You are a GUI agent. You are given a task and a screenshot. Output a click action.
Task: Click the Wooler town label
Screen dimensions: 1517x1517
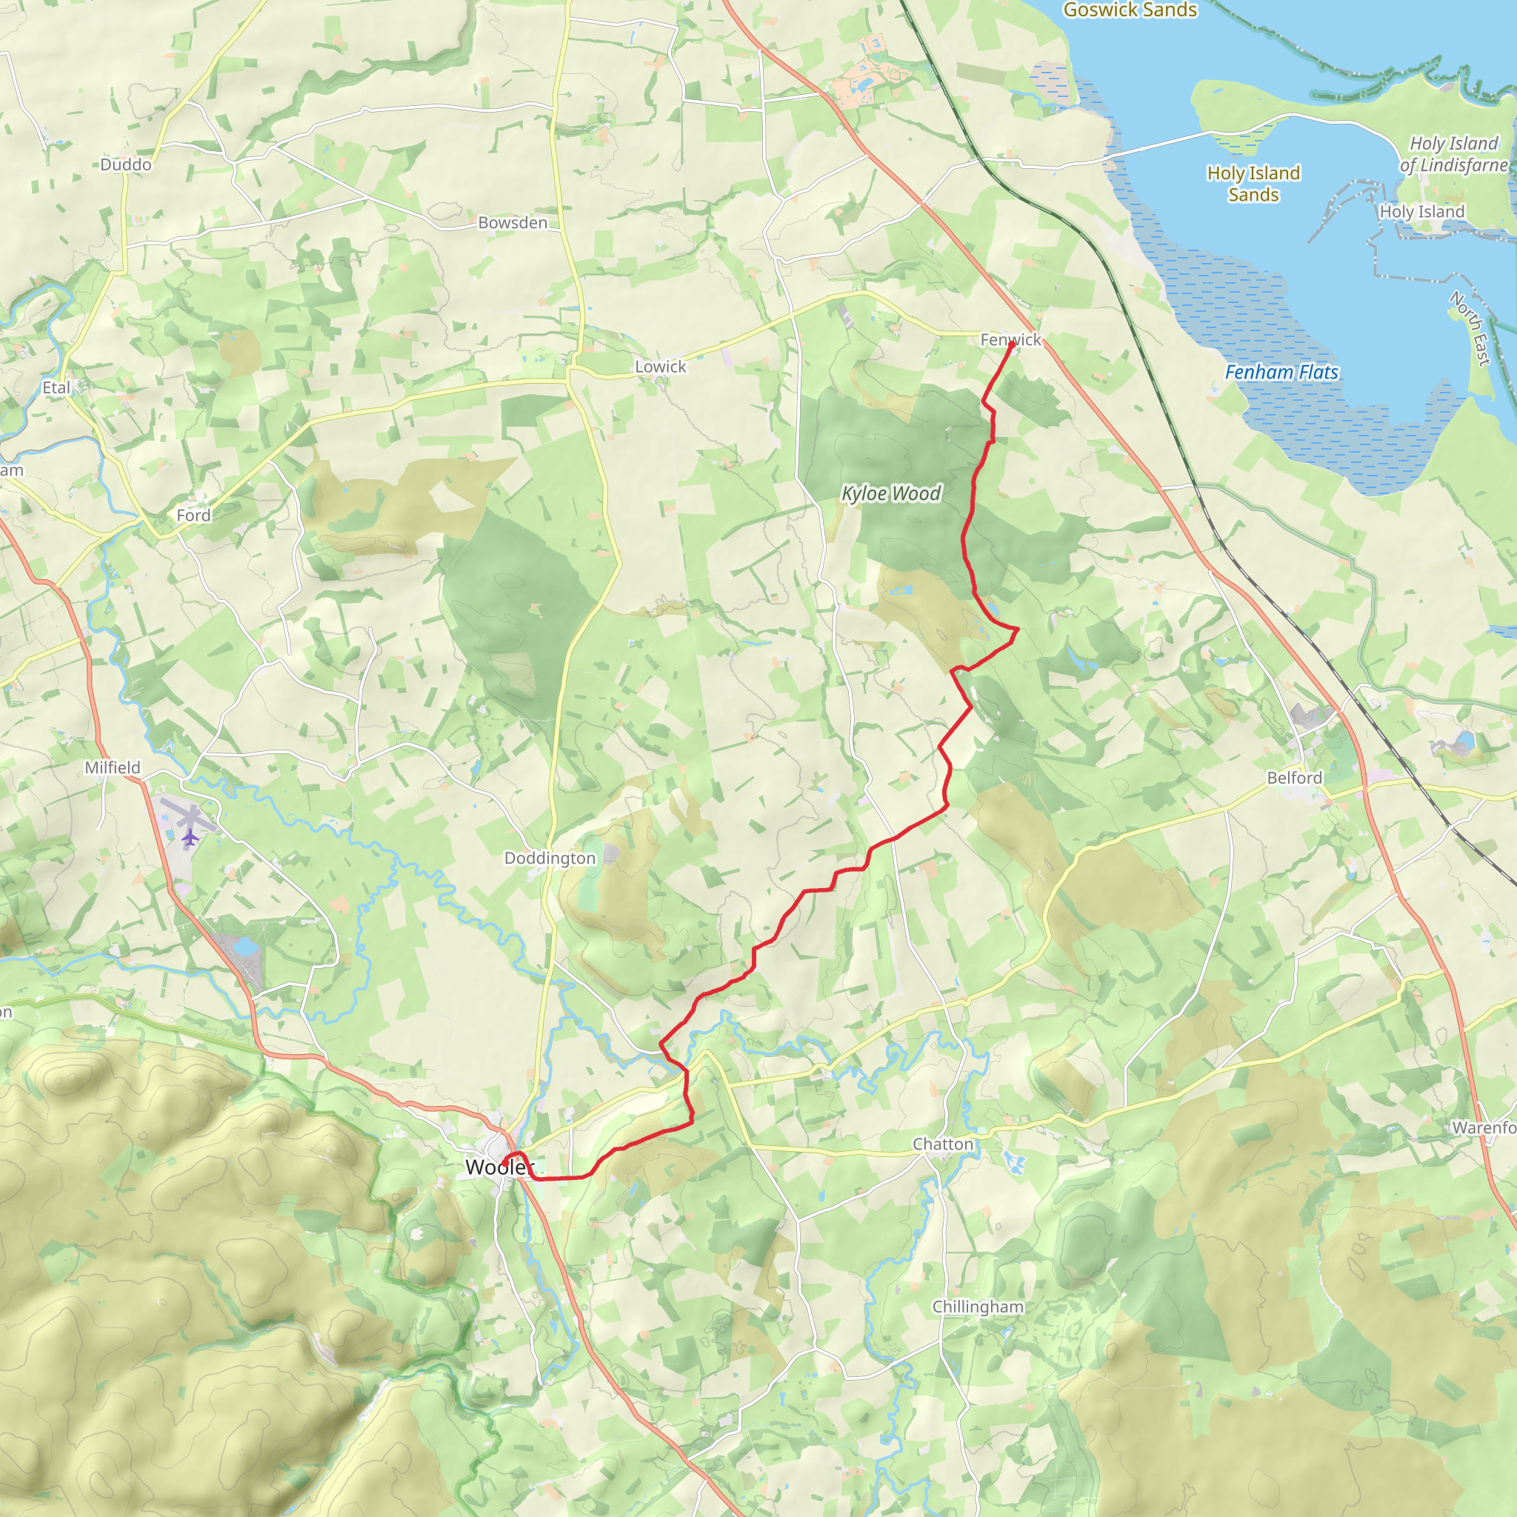(499, 1167)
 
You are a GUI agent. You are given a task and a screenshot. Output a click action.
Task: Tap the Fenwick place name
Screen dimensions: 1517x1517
(1010, 340)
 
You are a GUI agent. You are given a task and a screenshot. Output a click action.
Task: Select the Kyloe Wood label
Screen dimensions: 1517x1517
(890, 493)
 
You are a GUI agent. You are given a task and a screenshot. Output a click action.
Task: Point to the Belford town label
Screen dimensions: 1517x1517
(1294, 777)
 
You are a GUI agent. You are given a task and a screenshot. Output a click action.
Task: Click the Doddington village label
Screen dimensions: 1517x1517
(550, 858)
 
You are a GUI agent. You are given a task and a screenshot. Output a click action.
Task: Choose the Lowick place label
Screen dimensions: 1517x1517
(660, 367)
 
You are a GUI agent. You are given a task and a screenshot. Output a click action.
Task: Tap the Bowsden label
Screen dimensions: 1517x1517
(513, 223)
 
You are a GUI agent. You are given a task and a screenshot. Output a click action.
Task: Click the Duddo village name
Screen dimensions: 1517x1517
(126, 165)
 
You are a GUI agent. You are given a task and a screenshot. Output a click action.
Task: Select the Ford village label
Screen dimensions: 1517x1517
(193, 515)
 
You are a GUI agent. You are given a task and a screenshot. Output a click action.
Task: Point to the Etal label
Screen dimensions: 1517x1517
(56, 388)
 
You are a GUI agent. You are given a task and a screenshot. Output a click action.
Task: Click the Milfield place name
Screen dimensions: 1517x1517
(113, 768)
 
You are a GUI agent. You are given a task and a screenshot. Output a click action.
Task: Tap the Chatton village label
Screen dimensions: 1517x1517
(942, 1144)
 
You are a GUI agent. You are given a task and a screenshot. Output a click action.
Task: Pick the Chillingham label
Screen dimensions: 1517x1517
(978, 1307)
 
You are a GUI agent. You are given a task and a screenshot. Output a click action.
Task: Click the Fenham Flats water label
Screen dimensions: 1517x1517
(1281, 372)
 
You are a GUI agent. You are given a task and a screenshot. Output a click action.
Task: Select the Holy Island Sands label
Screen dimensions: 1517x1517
(1253, 184)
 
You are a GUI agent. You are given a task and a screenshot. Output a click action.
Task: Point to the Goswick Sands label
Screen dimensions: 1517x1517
(1130, 10)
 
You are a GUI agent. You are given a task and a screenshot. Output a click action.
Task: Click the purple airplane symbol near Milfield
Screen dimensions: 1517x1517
(189, 837)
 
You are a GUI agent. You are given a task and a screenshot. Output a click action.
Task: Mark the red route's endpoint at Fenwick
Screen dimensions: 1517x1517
(1011, 344)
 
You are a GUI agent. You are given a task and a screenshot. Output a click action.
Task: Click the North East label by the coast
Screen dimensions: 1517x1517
(1470, 328)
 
